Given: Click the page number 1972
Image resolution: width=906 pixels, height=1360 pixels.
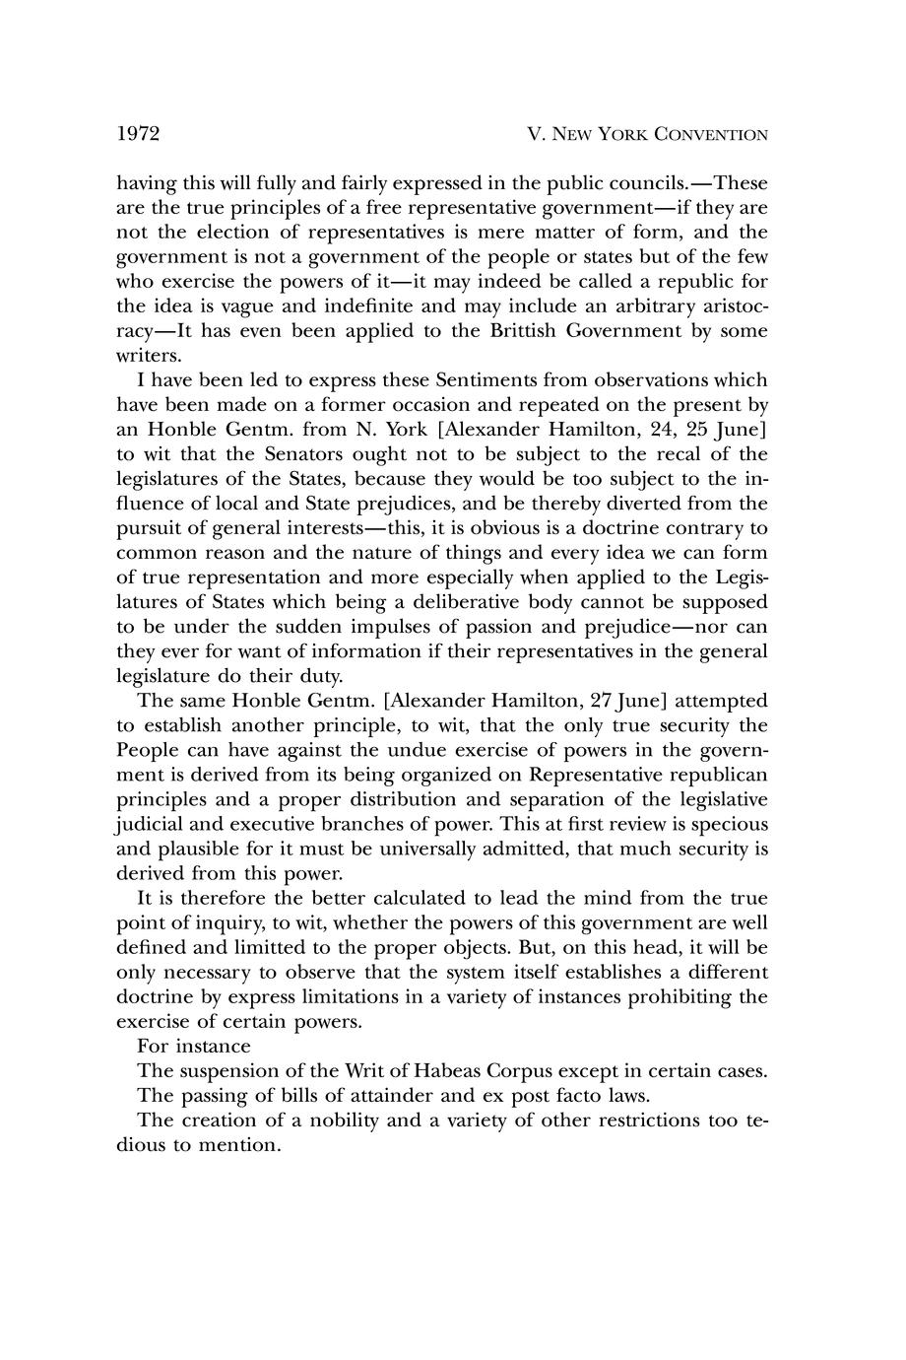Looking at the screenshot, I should point(139,134).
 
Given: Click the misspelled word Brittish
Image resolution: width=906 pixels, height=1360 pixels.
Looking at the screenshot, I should point(524,331).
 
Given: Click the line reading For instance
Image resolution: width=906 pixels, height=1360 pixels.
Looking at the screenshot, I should point(194,1047).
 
